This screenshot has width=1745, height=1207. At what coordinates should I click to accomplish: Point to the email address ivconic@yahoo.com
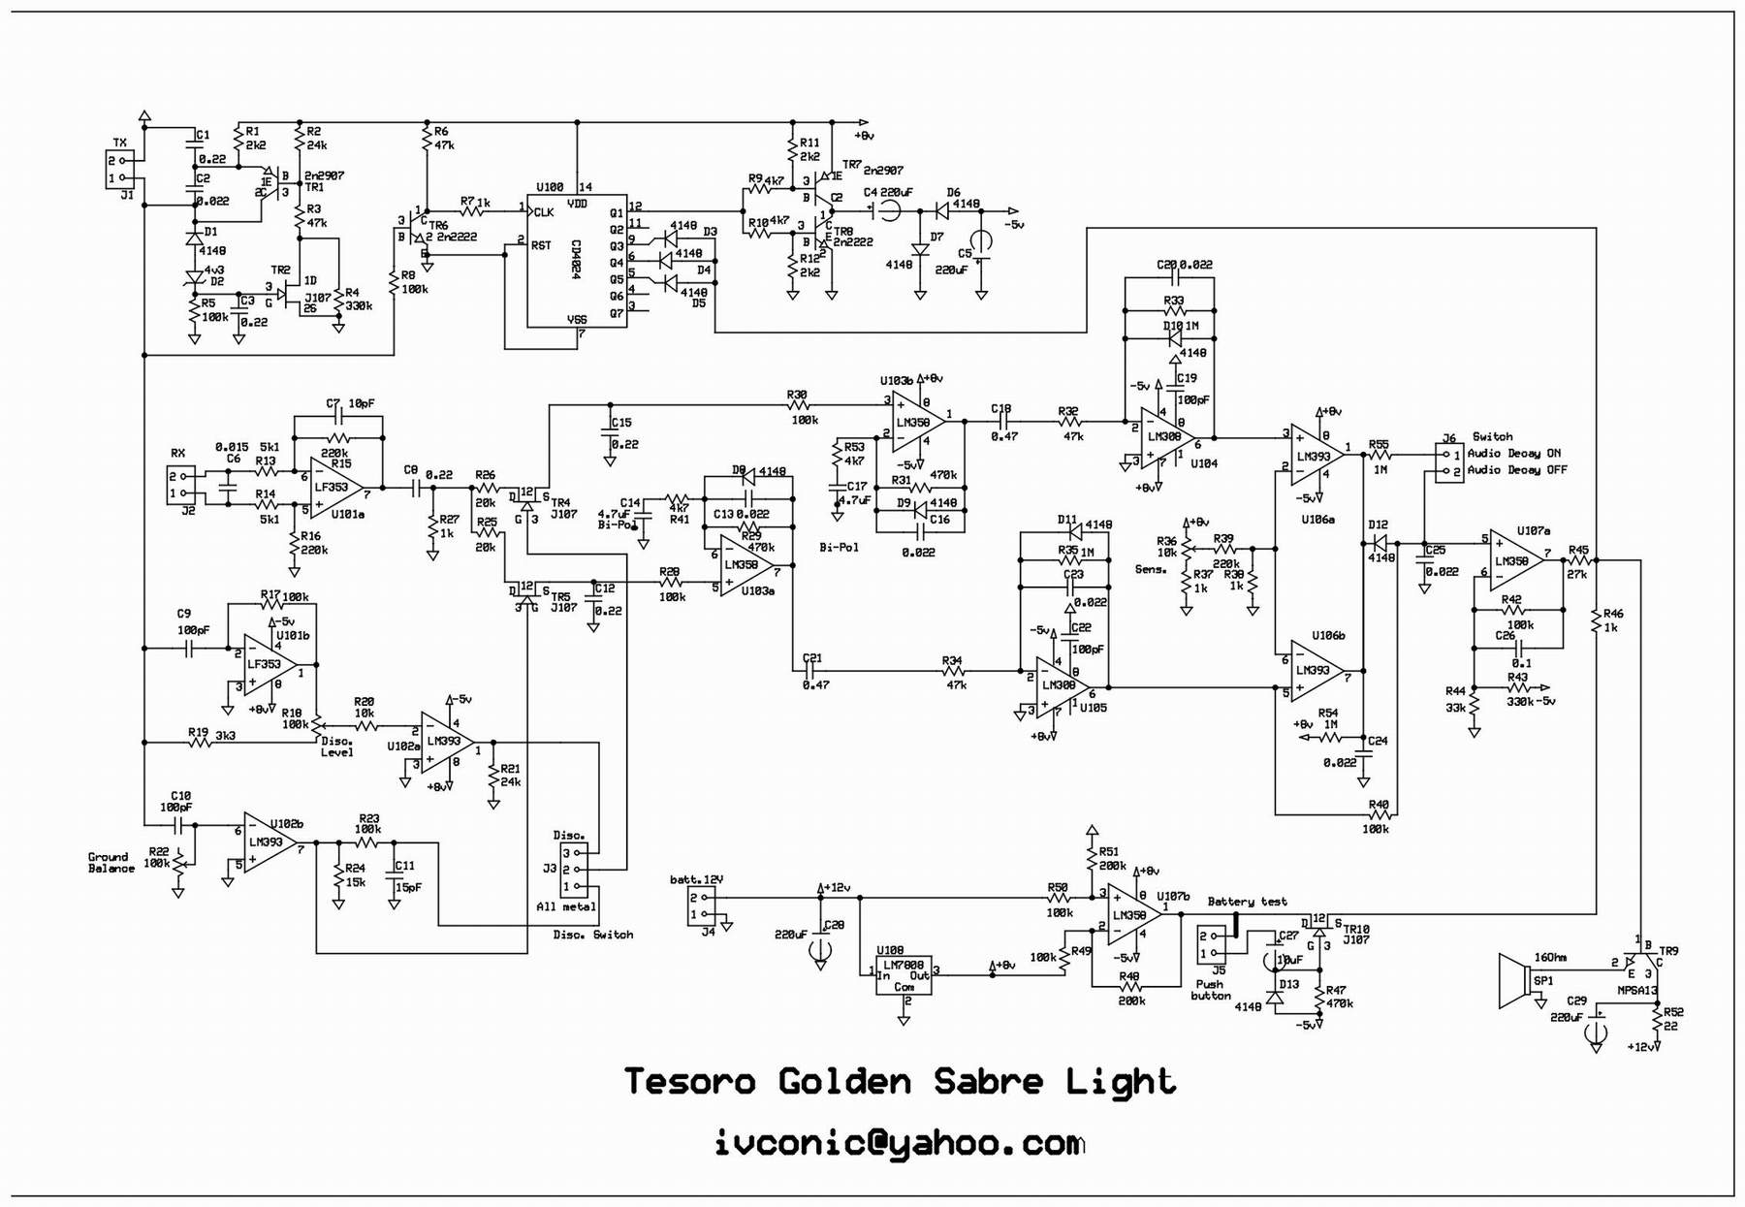pos(899,1143)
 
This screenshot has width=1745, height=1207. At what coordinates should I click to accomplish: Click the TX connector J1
pos(116,170)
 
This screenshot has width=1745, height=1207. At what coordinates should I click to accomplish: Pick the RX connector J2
pos(180,485)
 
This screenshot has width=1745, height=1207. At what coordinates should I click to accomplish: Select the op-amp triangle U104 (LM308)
pos(1166,437)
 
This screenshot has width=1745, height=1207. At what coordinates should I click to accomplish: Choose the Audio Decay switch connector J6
pos(1449,462)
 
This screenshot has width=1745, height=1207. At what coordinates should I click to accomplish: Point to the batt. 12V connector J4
pos(701,905)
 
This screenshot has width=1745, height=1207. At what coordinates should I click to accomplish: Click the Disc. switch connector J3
pos(574,870)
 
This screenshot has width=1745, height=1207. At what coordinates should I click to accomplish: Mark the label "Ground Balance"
pos(111,863)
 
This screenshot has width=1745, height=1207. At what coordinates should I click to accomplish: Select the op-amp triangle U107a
pos(1514,559)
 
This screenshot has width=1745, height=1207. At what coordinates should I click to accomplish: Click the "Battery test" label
pos(1247,902)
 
